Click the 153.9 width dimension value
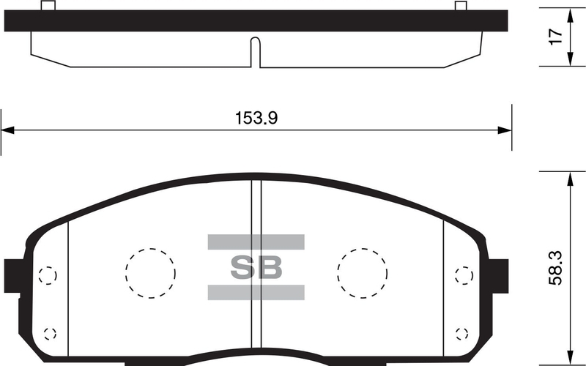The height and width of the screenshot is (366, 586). [256, 118]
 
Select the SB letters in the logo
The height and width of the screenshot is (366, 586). [256, 267]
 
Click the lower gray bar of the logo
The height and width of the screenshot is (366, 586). [256, 292]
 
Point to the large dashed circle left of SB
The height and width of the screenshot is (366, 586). [150, 273]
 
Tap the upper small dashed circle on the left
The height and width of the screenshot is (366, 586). [47, 276]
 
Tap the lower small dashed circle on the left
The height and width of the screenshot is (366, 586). [50, 333]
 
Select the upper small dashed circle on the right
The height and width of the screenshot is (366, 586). [464, 276]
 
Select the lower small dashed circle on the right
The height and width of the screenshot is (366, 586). [462, 333]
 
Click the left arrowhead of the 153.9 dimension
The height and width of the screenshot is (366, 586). [7, 130]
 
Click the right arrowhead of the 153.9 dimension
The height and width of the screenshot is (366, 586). [505, 130]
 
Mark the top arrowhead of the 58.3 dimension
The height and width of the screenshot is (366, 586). [571, 177]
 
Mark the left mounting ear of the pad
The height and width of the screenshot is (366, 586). [12, 274]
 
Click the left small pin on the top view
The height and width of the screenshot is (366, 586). [48, 7]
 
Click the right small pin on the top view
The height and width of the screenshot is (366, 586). [461, 7]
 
